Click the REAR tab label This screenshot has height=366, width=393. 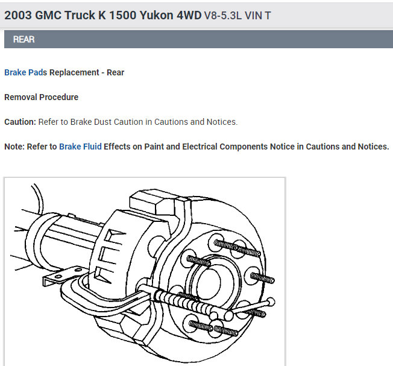coord(24,39)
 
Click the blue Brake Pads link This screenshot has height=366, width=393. coord(25,72)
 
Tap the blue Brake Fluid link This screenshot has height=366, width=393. coord(80,147)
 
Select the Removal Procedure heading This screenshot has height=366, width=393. coord(42,97)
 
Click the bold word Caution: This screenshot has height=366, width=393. coord(20,122)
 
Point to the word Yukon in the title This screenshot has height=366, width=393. coord(156,15)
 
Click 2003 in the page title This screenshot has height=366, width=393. coord(18,15)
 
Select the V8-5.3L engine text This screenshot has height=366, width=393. coord(223,16)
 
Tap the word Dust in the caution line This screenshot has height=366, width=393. coord(102,122)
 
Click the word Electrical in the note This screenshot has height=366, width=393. coord(200,147)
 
